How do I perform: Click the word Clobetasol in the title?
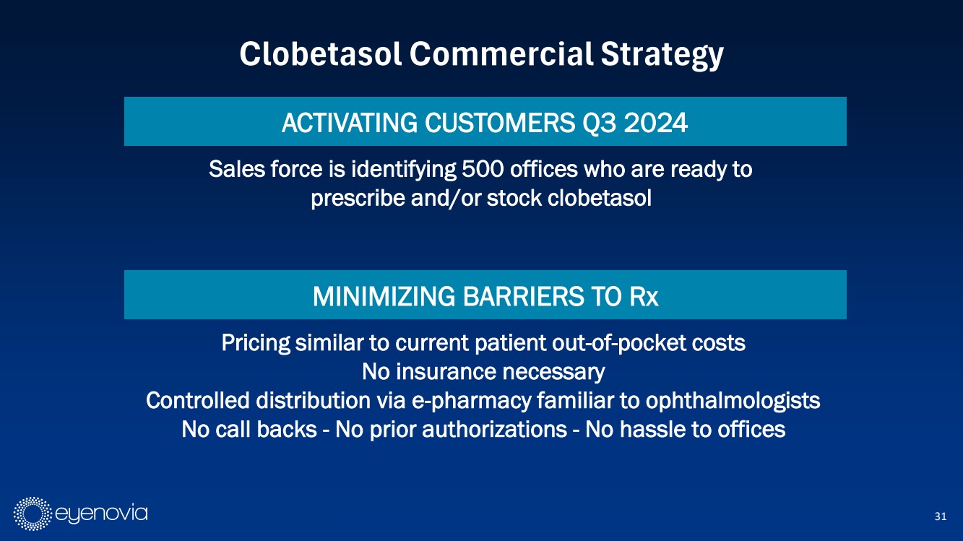tap(320, 54)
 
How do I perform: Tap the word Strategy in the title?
tap(662, 56)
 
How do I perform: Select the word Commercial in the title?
tap(501, 54)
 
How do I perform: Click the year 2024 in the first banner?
tap(656, 123)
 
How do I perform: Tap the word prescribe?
tap(358, 199)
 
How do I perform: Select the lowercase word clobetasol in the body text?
tap(600, 198)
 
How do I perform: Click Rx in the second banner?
tap(644, 296)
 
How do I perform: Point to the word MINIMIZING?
tap(384, 296)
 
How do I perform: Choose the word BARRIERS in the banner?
tap(523, 296)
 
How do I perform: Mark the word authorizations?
tap(494, 429)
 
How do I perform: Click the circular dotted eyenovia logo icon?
tap(33, 514)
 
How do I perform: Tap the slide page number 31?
tap(941, 516)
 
